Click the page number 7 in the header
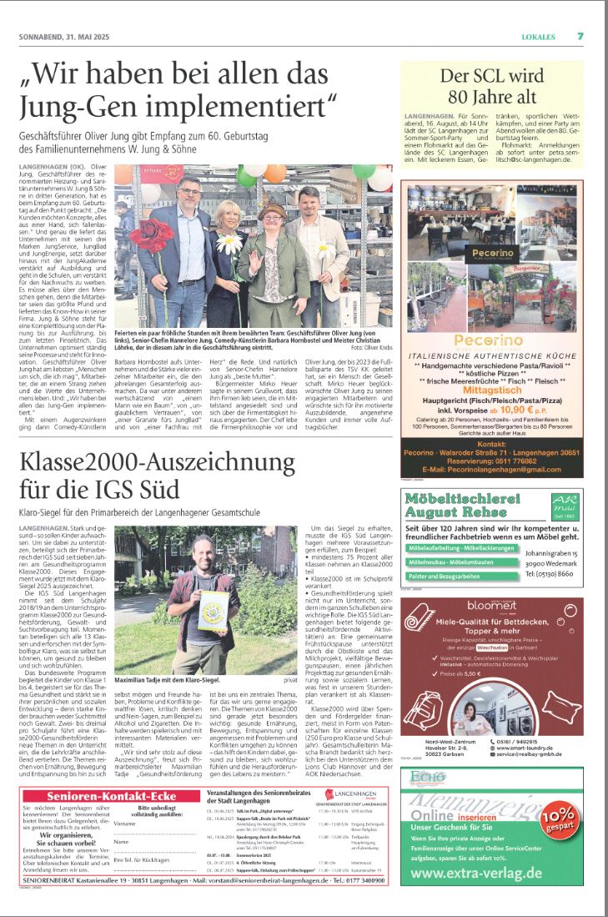pos(580,36)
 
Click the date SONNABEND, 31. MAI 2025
pos(64,37)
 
